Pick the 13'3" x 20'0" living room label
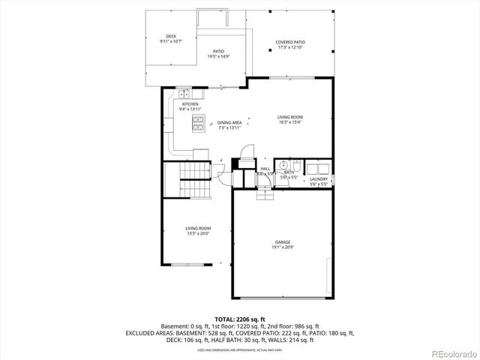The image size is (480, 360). pos(198,230)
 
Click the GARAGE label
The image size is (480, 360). pos(282,244)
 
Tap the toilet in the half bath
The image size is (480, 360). pos(296,165)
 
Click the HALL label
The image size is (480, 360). pos(265,169)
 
